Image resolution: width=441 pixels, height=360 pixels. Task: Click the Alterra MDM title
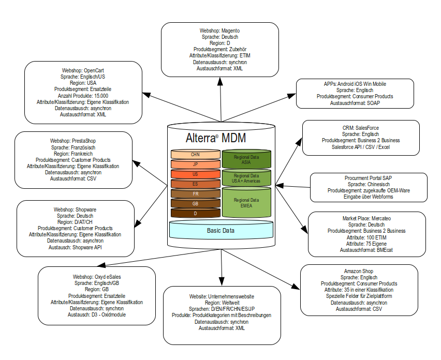(216, 138)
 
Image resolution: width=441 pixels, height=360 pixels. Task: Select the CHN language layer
(195, 154)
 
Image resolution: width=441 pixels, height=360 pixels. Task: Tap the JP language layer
(195, 164)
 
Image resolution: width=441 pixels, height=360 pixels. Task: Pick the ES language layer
(195, 184)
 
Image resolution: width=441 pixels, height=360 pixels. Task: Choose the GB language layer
(195, 203)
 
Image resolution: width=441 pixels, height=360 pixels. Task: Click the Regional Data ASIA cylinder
(247, 159)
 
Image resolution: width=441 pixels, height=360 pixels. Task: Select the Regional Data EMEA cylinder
(247, 202)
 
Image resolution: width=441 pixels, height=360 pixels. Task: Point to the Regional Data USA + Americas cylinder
(247, 178)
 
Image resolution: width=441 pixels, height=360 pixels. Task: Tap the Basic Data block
(221, 230)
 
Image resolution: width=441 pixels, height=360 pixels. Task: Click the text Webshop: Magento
(220, 31)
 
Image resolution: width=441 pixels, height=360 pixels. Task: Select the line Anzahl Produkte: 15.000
(83, 96)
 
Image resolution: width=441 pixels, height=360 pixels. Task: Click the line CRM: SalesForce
(354, 128)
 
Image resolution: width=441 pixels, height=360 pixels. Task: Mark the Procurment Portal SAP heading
(369, 178)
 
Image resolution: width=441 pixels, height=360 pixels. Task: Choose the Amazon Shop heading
(359, 271)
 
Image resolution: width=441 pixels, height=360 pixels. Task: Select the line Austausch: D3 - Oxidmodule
(97, 314)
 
